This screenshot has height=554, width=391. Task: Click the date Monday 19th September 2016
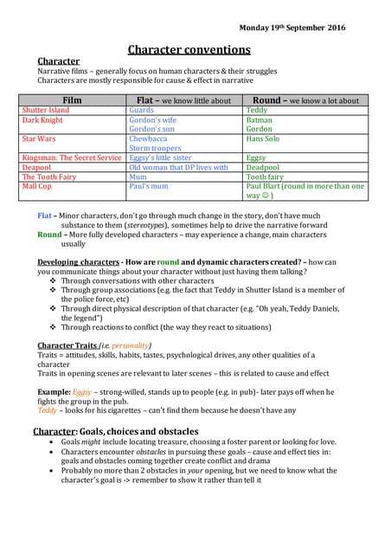click(x=292, y=28)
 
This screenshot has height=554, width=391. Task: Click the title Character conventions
click(x=195, y=50)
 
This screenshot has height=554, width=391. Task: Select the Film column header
click(x=73, y=100)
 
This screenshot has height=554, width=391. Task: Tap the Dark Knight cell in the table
click(x=42, y=120)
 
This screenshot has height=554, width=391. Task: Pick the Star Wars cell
click(x=39, y=138)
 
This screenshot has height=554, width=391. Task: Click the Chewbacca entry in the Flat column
click(x=148, y=138)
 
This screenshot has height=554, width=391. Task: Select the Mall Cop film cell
click(x=37, y=185)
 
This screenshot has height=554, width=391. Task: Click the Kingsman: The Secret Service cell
click(x=72, y=158)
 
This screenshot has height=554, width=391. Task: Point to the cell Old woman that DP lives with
click(x=178, y=167)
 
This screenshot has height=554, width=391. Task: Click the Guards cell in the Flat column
click(x=142, y=111)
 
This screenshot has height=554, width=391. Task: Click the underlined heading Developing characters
click(x=78, y=261)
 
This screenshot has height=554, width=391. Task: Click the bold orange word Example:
click(x=53, y=392)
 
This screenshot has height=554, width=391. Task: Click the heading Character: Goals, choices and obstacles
click(x=115, y=431)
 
